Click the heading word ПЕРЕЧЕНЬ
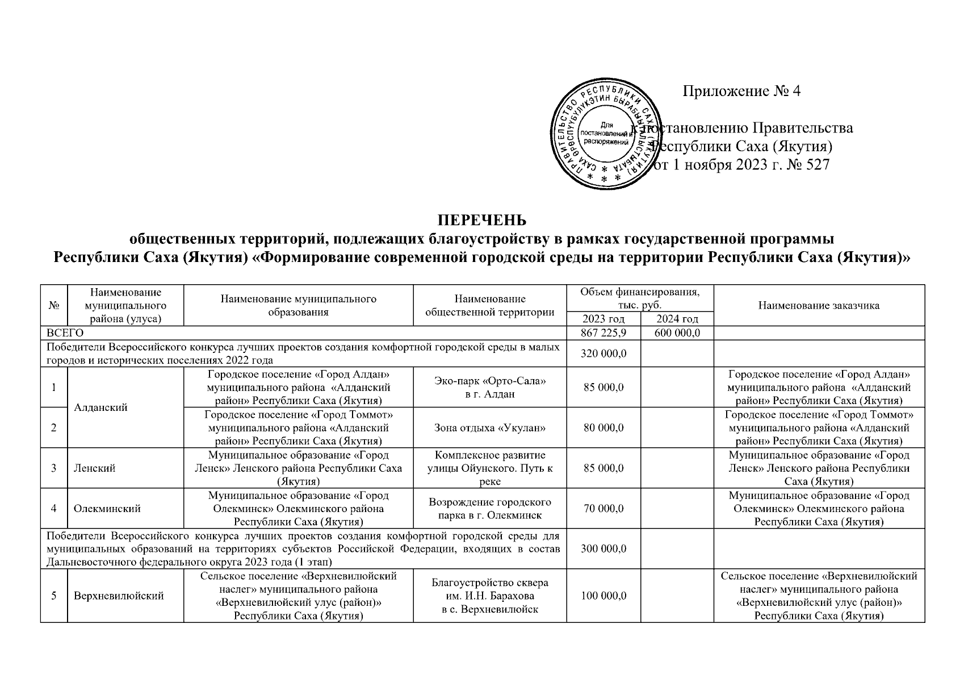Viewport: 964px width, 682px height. [481, 220]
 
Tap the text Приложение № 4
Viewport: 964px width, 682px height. [741, 92]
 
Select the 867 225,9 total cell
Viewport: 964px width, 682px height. [604, 333]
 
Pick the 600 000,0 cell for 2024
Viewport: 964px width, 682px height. [677, 333]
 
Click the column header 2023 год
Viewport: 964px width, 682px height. [604, 319]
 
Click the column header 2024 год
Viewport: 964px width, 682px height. [677, 319]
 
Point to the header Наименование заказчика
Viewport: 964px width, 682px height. [819, 306]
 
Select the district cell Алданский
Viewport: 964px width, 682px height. [100, 407]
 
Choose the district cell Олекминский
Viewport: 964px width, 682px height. [107, 509]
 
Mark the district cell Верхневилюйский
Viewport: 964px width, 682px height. [119, 596]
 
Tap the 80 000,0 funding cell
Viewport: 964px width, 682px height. [604, 427]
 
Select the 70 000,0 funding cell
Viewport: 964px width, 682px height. [604, 509]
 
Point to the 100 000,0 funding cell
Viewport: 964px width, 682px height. [604, 596]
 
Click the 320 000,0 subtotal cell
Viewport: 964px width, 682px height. [604, 354]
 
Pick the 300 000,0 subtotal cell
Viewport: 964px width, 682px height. [604, 549]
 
